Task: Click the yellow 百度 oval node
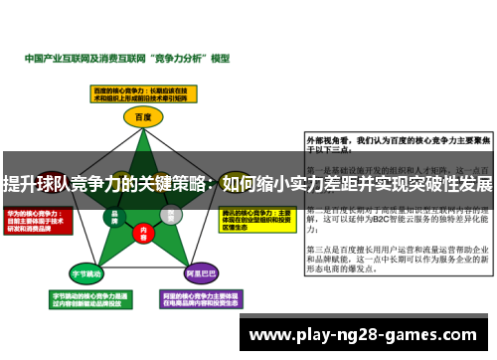[142, 116]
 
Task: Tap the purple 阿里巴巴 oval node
[202, 271]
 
